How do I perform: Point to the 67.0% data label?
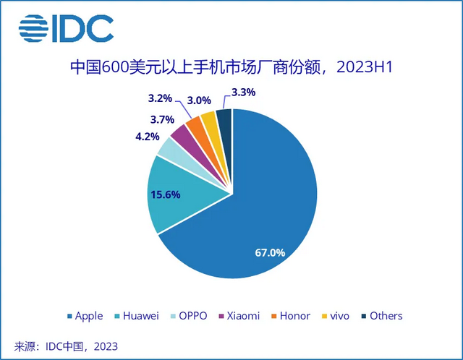point(271,253)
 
